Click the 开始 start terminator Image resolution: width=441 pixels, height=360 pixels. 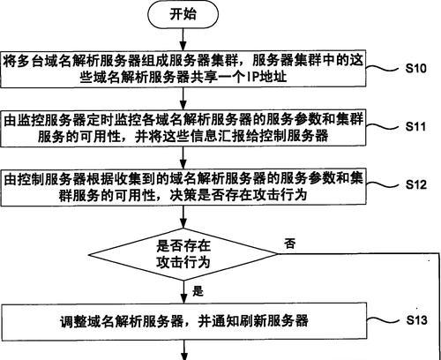(x=183, y=14)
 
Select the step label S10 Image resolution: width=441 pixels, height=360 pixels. (x=415, y=68)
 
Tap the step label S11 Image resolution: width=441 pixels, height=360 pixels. (x=415, y=126)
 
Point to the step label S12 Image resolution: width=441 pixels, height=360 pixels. (x=416, y=184)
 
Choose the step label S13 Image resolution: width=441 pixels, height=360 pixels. (x=416, y=319)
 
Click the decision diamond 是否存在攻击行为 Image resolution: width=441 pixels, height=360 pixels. (x=183, y=254)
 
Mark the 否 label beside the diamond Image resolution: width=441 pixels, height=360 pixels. (x=289, y=244)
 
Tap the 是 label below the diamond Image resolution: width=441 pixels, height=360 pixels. (x=198, y=291)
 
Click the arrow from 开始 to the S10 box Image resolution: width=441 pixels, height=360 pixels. (x=183, y=39)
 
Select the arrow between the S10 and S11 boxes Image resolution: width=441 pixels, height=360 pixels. (x=183, y=98)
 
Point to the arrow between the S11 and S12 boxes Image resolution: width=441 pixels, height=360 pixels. (x=183, y=157)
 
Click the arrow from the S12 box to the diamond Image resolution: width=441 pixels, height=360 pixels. (x=183, y=216)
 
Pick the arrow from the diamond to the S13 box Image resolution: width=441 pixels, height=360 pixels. (x=183, y=292)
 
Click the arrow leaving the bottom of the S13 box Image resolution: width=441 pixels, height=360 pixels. (x=184, y=349)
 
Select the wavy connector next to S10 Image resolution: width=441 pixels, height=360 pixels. (x=382, y=68)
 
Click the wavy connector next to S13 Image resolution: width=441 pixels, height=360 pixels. (x=383, y=320)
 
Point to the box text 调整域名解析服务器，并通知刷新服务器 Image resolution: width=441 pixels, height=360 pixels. (x=184, y=321)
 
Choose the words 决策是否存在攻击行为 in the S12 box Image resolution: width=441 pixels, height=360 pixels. (x=238, y=194)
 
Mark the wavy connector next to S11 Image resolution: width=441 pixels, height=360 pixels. (x=382, y=126)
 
